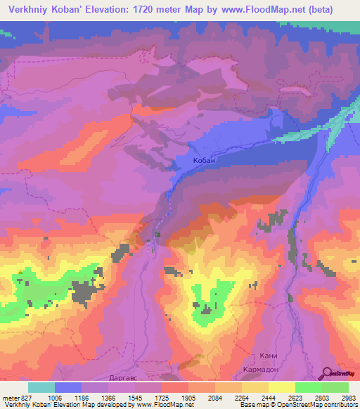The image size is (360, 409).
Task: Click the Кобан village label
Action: click(x=203, y=161)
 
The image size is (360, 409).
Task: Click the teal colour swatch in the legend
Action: click(x=41, y=387)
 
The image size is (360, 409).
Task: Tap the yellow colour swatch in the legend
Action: click(x=281, y=387)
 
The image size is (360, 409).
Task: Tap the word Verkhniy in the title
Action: click(x=30, y=9)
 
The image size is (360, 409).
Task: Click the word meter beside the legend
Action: click(x=8, y=396)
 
